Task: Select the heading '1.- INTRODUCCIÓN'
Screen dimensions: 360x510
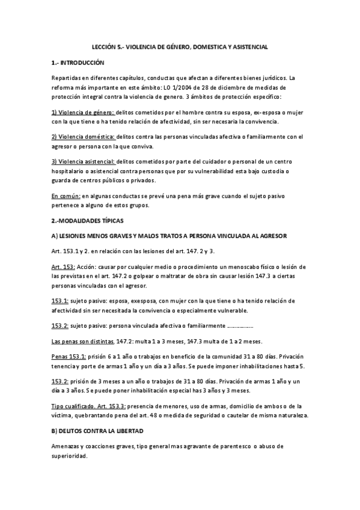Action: [x=78, y=63]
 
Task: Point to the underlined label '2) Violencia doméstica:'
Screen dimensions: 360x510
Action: [x=83, y=137]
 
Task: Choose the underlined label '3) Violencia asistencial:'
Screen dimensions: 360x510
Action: [x=83, y=162]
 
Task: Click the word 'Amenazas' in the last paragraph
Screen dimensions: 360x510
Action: [x=67, y=447]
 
